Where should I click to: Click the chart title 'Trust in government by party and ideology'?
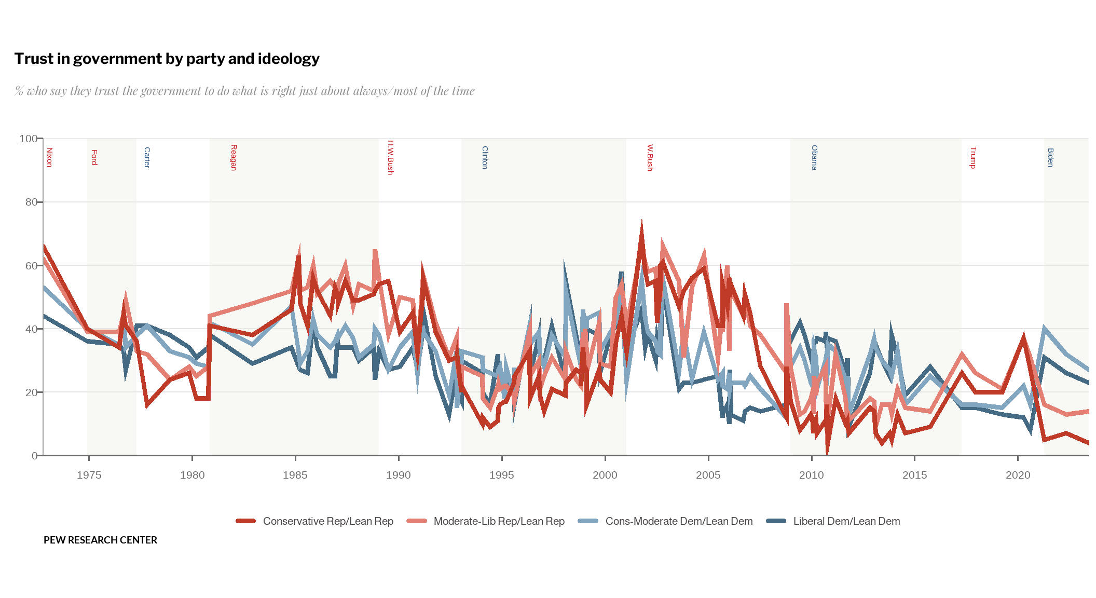pyautogui.click(x=167, y=59)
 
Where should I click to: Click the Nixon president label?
pyautogui.click(x=50, y=157)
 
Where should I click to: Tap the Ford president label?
pyautogui.click(x=94, y=157)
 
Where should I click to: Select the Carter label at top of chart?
pyautogui.click(x=147, y=157)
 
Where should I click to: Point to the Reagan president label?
pyautogui.click(x=234, y=157)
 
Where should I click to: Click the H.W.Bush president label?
pyautogui.click(x=391, y=157)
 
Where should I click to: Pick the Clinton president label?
pyautogui.click(x=485, y=157)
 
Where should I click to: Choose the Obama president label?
pyautogui.click(x=815, y=157)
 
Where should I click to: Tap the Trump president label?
pyautogui.click(x=974, y=157)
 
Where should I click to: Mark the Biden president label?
pyautogui.click(x=1051, y=157)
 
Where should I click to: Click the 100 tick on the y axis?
pyautogui.click(x=28, y=139)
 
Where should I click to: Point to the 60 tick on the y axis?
pyautogui.click(x=31, y=266)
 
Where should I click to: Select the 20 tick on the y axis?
pyautogui.click(x=31, y=392)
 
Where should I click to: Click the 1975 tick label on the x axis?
pyautogui.click(x=89, y=475)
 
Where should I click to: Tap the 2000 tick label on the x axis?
pyautogui.click(x=605, y=475)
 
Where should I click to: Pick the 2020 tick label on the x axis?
pyautogui.click(x=1018, y=475)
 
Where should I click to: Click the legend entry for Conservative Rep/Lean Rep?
pyautogui.click(x=327, y=521)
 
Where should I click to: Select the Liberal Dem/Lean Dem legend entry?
pyautogui.click(x=846, y=521)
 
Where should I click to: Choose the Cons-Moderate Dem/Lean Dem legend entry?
pyautogui.click(x=678, y=521)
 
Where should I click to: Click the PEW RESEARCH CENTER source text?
pyautogui.click(x=100, y=540)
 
